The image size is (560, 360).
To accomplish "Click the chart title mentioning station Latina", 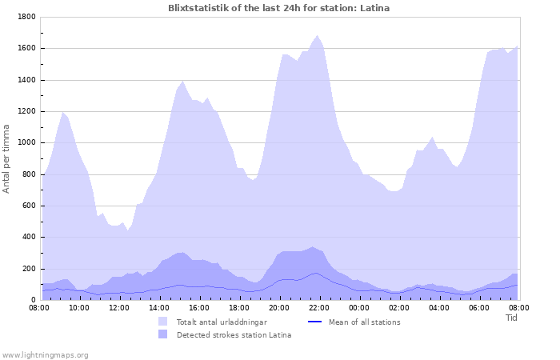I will (279, 8).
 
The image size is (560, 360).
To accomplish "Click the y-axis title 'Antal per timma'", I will (7, 158).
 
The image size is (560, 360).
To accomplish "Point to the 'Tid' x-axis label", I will (511, 318).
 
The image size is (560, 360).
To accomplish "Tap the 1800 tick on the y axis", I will (26, 17).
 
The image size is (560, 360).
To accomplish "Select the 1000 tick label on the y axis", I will (26, 142).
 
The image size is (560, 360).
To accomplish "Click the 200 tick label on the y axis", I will (29, 269).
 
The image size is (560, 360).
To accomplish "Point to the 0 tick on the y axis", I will (34, 300).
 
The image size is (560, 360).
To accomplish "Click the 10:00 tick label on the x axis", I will (79, 307).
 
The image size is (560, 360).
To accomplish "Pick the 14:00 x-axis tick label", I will (159, 307).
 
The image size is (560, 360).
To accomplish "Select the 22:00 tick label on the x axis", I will (319, 307).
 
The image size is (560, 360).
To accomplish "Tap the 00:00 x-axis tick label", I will (359, 307).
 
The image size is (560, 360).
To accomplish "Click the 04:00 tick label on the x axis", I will (439, 307).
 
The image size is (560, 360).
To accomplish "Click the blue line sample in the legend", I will (314, 322).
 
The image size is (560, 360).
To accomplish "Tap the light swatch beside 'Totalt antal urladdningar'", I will (163, 322).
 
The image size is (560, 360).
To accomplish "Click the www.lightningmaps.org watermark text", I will (45, 354).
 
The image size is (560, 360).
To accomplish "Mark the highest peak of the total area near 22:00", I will (318, 35).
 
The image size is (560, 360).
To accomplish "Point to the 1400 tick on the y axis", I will (26, 80).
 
